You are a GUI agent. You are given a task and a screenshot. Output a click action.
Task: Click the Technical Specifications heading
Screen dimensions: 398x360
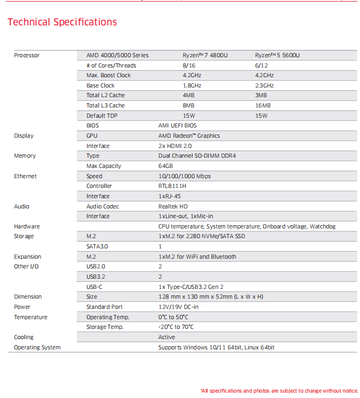62,22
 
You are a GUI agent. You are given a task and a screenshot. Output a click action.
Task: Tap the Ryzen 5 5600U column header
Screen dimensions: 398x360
277,55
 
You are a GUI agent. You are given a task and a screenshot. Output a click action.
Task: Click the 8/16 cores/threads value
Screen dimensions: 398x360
189,65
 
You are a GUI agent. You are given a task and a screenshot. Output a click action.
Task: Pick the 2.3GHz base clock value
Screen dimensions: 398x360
264,85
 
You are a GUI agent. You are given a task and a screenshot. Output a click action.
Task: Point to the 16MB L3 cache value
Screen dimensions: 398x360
263,106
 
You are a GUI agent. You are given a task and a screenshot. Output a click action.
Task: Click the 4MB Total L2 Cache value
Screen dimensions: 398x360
189,96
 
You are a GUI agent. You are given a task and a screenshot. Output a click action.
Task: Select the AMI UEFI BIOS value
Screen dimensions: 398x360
177,125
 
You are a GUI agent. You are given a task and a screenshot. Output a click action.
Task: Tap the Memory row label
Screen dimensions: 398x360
25,156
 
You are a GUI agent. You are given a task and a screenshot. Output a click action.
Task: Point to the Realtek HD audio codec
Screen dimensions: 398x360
173,206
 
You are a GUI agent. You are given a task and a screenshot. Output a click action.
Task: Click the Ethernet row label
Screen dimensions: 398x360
26,176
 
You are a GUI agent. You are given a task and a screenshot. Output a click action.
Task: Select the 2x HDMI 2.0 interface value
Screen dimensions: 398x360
175,146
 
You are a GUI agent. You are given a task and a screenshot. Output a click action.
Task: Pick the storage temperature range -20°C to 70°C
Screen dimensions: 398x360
176,327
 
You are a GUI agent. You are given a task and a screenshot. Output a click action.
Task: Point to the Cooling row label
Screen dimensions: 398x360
24,337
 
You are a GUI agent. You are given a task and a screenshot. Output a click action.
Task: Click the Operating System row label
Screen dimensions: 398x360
37,347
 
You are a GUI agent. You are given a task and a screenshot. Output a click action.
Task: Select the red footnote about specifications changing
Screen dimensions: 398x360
279,390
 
